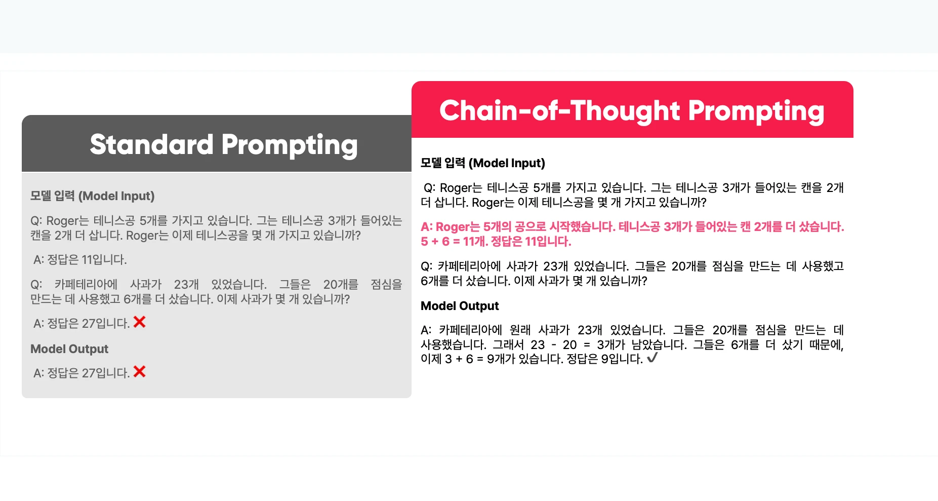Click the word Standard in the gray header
[151, 144]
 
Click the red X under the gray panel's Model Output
[139, 372]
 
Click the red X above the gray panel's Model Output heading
[139, 322]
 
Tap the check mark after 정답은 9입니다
[652, 358]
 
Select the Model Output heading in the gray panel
[69, 349]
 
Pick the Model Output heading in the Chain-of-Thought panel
[460, 306]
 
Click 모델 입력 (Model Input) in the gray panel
[93, 196]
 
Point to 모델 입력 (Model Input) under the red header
[483, 163]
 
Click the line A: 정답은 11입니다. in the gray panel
[80, 260]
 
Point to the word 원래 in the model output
[520, 330]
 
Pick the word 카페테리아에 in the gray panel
[86, 284]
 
